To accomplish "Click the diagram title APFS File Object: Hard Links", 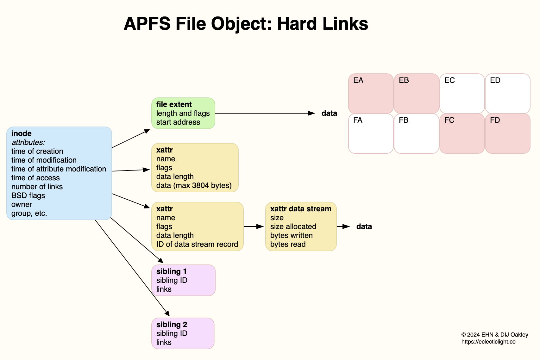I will [x=246, y=24].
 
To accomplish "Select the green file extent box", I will [x=183, y=113].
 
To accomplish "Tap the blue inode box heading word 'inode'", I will [x=22, y=133].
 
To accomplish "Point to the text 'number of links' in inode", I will [x=37, y=187].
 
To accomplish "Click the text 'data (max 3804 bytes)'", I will [x=194, y=185].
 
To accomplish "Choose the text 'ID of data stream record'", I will [x=197, y=244].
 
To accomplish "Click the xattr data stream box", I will [x=301, y=227].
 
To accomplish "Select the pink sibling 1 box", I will [x=183, y=280].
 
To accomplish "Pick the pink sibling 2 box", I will [x=183, y=333].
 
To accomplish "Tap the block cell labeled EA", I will [x=371, y=94].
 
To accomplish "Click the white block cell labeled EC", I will [x=462, y=94].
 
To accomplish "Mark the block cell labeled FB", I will [x=416, y=133].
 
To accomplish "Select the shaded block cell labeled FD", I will [x=507, y=133].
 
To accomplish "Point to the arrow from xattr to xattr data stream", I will [x=254, y=227].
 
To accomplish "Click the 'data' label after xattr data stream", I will [x=364, y=227].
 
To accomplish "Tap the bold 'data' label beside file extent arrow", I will [x=329, y=113].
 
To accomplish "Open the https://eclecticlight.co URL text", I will [x=488, y=342].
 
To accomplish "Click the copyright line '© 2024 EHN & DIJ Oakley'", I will [x=494, y=335].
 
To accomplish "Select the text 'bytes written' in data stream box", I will [x=291, y=235].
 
